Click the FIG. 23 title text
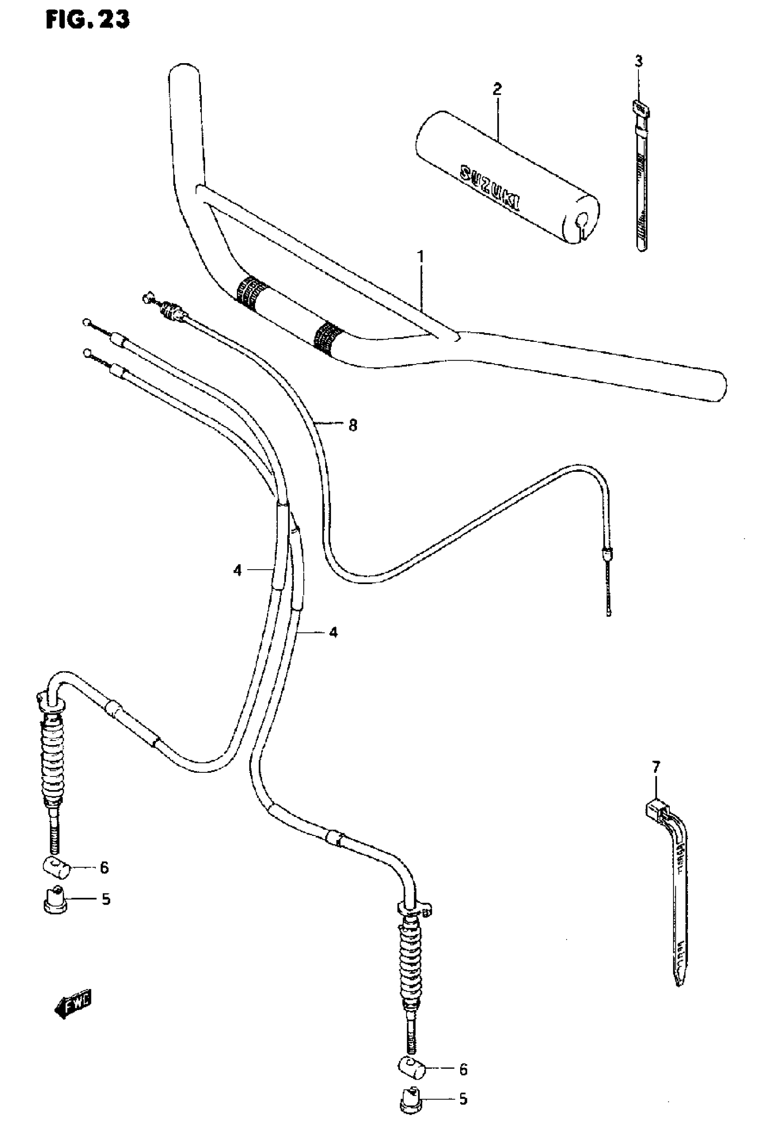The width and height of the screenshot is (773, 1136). pos(88,20)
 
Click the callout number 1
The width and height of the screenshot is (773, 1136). pos(420,257)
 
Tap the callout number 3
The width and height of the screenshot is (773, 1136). pos(638,61)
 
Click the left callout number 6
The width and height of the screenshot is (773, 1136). pos(104,868)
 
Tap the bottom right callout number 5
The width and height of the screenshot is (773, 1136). pos(462,1112)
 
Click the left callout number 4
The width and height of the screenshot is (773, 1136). pos(238,570)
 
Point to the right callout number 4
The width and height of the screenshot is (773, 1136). pos(333,632)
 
